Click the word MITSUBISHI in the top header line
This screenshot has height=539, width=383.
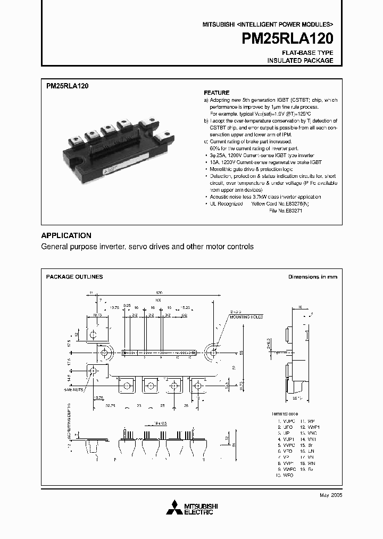click(x=218, y=24)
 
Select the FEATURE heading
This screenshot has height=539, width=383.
click(x=217, y=93)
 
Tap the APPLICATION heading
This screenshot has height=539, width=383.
click(x=66, y=235)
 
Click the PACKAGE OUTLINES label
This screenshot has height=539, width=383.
click(x=74, y=277)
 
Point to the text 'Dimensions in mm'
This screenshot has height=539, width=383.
click(x=312, y=277)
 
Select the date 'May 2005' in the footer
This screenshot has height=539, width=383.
click(x=330, y=495)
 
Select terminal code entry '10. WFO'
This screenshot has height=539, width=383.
click(x=285, y=474)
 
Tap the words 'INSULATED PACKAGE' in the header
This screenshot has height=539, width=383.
click(x=300, y=61)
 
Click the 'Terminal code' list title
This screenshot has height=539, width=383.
click(x=285, y=414)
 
